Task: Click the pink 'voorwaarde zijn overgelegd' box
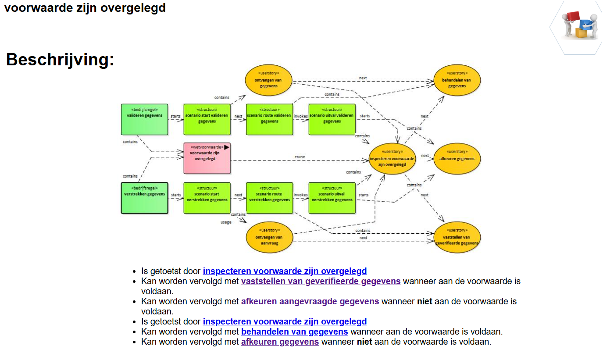pyautogui.click(x=207, y=158)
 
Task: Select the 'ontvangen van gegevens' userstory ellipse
pyautogui.click(x=268, y=80)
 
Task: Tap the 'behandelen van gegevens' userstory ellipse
pyautogui.click(x=457, y=80)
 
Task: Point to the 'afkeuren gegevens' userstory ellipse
pyautogui.click(x=457, y=159)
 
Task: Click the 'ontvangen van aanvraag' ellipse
pyautogui.click(x=269, y=237)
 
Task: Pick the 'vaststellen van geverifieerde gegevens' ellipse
pyautogui.click(x=457, y=237)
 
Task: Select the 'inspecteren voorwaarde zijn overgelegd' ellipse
pyautogui.click(x=392, y=159)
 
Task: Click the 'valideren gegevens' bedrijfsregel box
pyautogui.click(x=144, y=119)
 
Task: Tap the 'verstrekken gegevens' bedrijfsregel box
pyautogui.click(x=144, y=198)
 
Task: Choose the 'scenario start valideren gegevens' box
pyautogui.click(x=207, y=119)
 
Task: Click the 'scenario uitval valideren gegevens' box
pyautogui.click(x=332, y=119)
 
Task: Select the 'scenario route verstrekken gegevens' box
pyautogui.click(x=269, y=198)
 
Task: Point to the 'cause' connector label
pyautogui.click(x=300, y=157)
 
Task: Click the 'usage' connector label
pyautogui.click(x=226, y=222)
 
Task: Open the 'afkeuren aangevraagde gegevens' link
pyautogui.click(x=310, y=301)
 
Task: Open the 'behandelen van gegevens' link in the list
pyautogui.click(x=295, y=331)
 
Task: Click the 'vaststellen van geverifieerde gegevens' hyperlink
pyautogui.click(x=321, y=281)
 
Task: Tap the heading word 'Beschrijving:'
pyautogui.click(x=60, y=60)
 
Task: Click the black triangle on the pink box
pyautogui.click(x=227, y=147)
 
